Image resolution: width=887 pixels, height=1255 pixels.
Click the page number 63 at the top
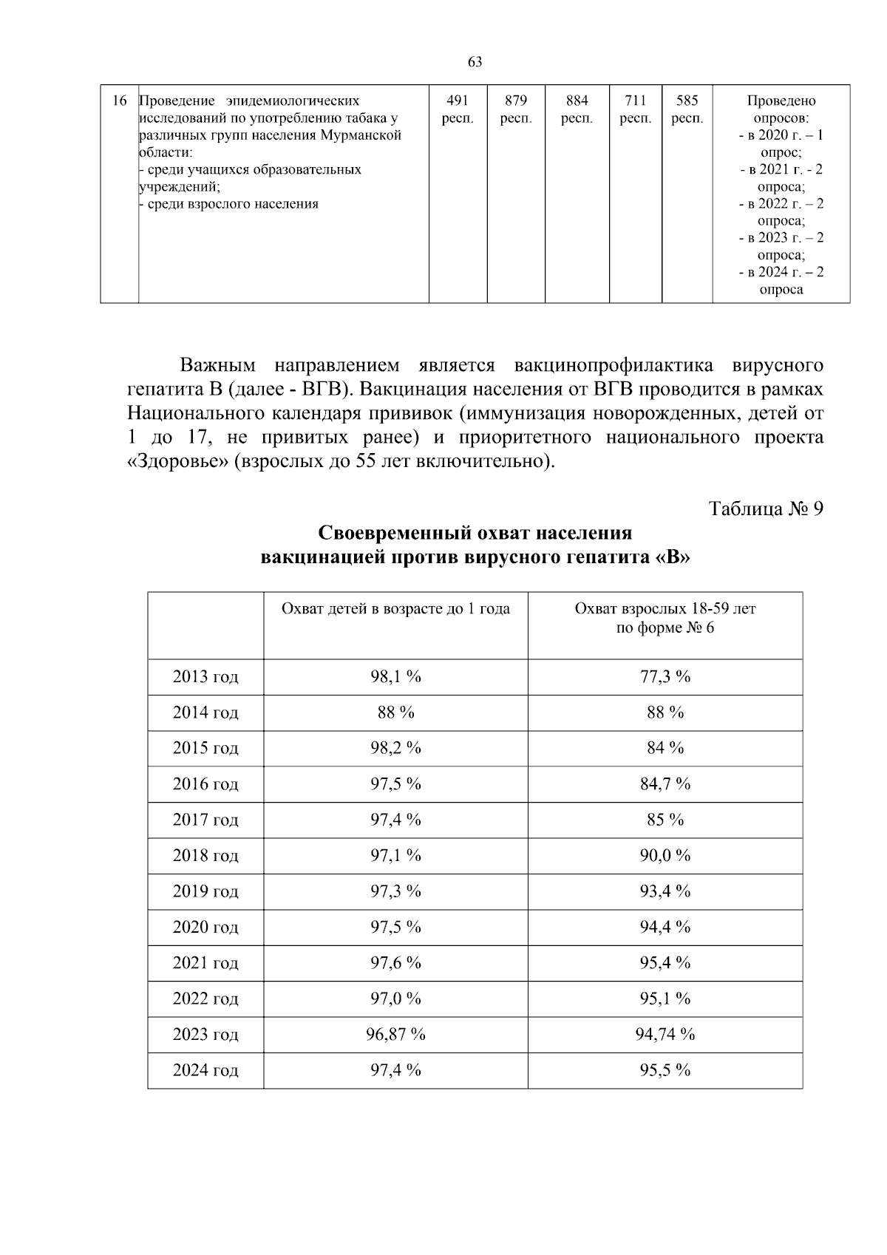click(475, 62)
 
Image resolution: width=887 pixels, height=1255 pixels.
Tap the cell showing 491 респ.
click(458, 109)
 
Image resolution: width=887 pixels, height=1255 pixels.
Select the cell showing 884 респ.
click(577, 109)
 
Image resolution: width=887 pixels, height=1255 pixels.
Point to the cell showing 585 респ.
click(687, 109)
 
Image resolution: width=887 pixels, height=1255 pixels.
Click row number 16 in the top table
click(120, 101)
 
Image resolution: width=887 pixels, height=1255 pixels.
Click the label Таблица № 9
click(766, 509)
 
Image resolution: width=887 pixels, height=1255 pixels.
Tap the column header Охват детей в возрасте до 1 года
click(395, 609)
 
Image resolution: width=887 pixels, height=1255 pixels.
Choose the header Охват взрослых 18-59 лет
click(665, 609)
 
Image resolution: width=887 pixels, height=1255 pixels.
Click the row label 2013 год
click(205, 676)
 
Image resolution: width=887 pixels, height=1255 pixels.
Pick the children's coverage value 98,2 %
click(395, 748)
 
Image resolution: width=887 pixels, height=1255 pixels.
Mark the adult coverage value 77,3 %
click(665, 676)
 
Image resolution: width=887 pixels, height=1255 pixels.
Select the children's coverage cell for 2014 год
click(395, 712)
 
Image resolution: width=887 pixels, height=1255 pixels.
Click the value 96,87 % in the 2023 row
click(395, 1035)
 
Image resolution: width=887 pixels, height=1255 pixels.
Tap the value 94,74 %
click(665, 1035)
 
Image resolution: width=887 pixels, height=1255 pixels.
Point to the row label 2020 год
click(205, 927)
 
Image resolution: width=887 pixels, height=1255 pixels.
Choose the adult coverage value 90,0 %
click(665, 855)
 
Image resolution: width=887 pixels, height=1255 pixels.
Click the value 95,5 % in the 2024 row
click(665, 1070)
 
